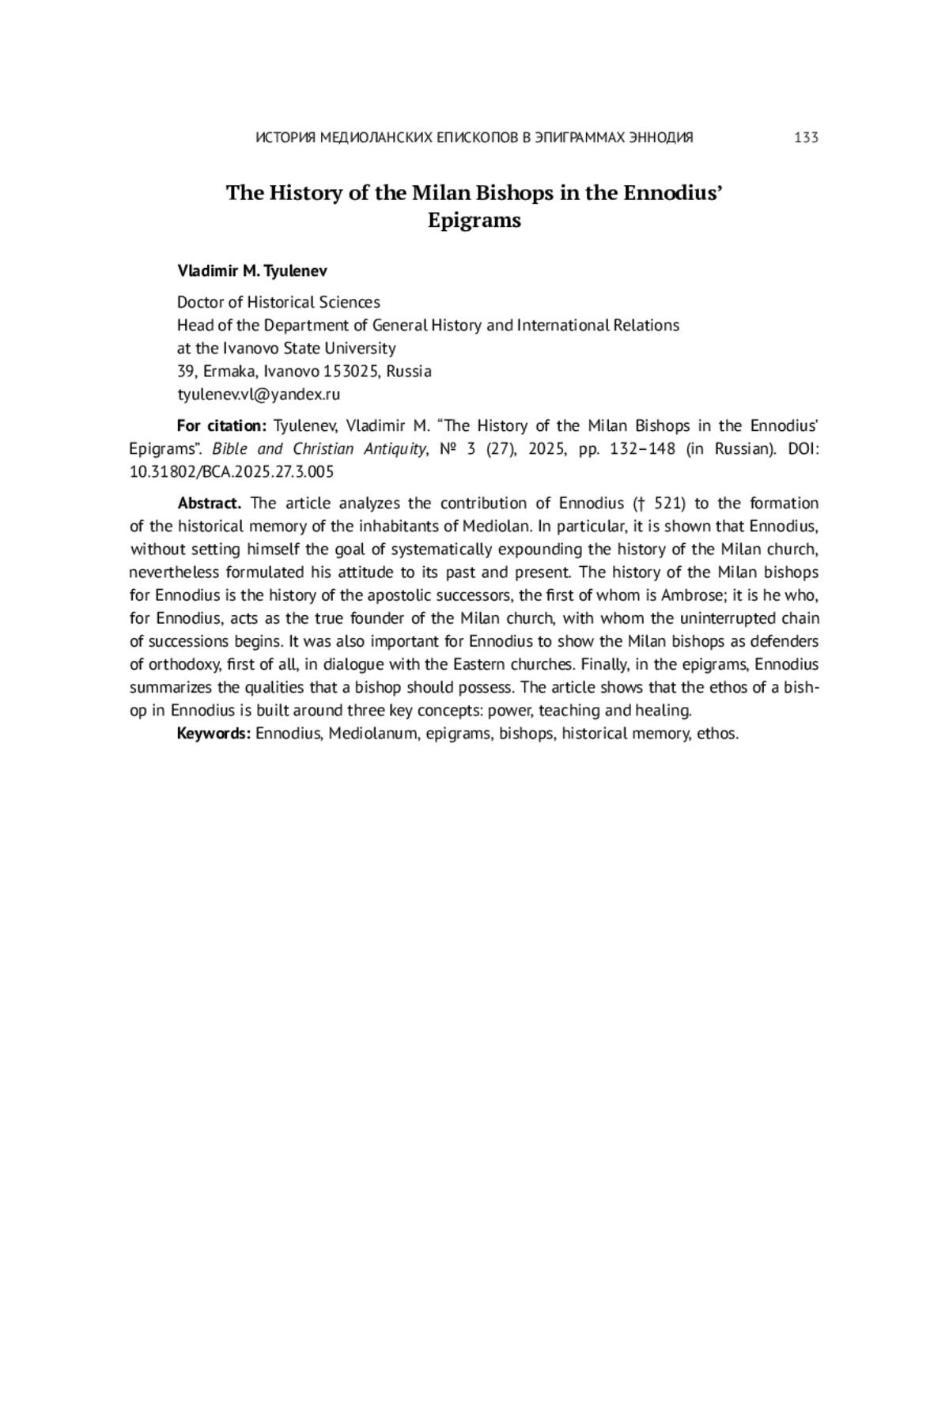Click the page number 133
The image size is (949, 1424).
point(805,138)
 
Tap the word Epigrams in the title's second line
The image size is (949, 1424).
point(475,220)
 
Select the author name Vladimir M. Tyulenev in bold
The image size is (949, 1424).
point(251,271)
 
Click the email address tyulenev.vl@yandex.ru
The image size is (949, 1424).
point(258,394)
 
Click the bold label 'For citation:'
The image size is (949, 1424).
point(221,426)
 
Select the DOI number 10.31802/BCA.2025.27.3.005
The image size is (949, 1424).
point(231,472)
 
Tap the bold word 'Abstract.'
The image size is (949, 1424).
point(209,504)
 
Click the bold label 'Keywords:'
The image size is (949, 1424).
point(214,734)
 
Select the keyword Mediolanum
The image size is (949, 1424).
point(372,734)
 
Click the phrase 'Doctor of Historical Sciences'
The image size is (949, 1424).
point(278,302)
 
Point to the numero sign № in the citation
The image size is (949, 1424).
point(447,449)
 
